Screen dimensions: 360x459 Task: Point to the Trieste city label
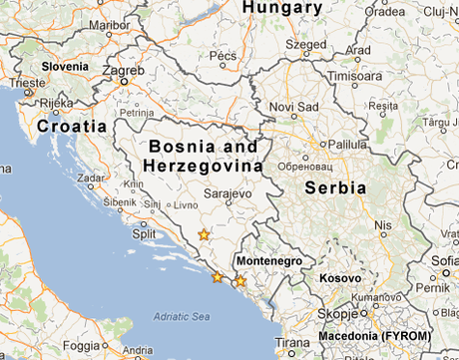pyautogui.click(x=29, y=83)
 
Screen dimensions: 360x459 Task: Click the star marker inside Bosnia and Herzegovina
pyautogui.click(x=204, y=235)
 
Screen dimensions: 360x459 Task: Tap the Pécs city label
pyautogui.click(x=223, y=56)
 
